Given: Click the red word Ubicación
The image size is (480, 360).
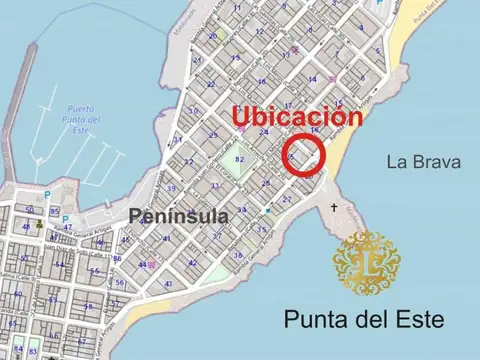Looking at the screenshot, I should click(296, 116).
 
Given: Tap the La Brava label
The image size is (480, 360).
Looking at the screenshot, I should click(424, 162).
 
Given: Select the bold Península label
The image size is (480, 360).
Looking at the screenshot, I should click(178, 215).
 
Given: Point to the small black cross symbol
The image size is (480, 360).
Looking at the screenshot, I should click(334, 208).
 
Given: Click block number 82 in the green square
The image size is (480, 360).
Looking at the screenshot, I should click(239, 160).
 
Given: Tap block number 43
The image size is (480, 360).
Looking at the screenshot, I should click(168, 284).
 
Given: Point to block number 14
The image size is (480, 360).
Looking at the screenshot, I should click(313, 79).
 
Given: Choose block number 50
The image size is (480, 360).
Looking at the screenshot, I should click(28, 210).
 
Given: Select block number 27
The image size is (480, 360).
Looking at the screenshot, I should click(287, 199).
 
